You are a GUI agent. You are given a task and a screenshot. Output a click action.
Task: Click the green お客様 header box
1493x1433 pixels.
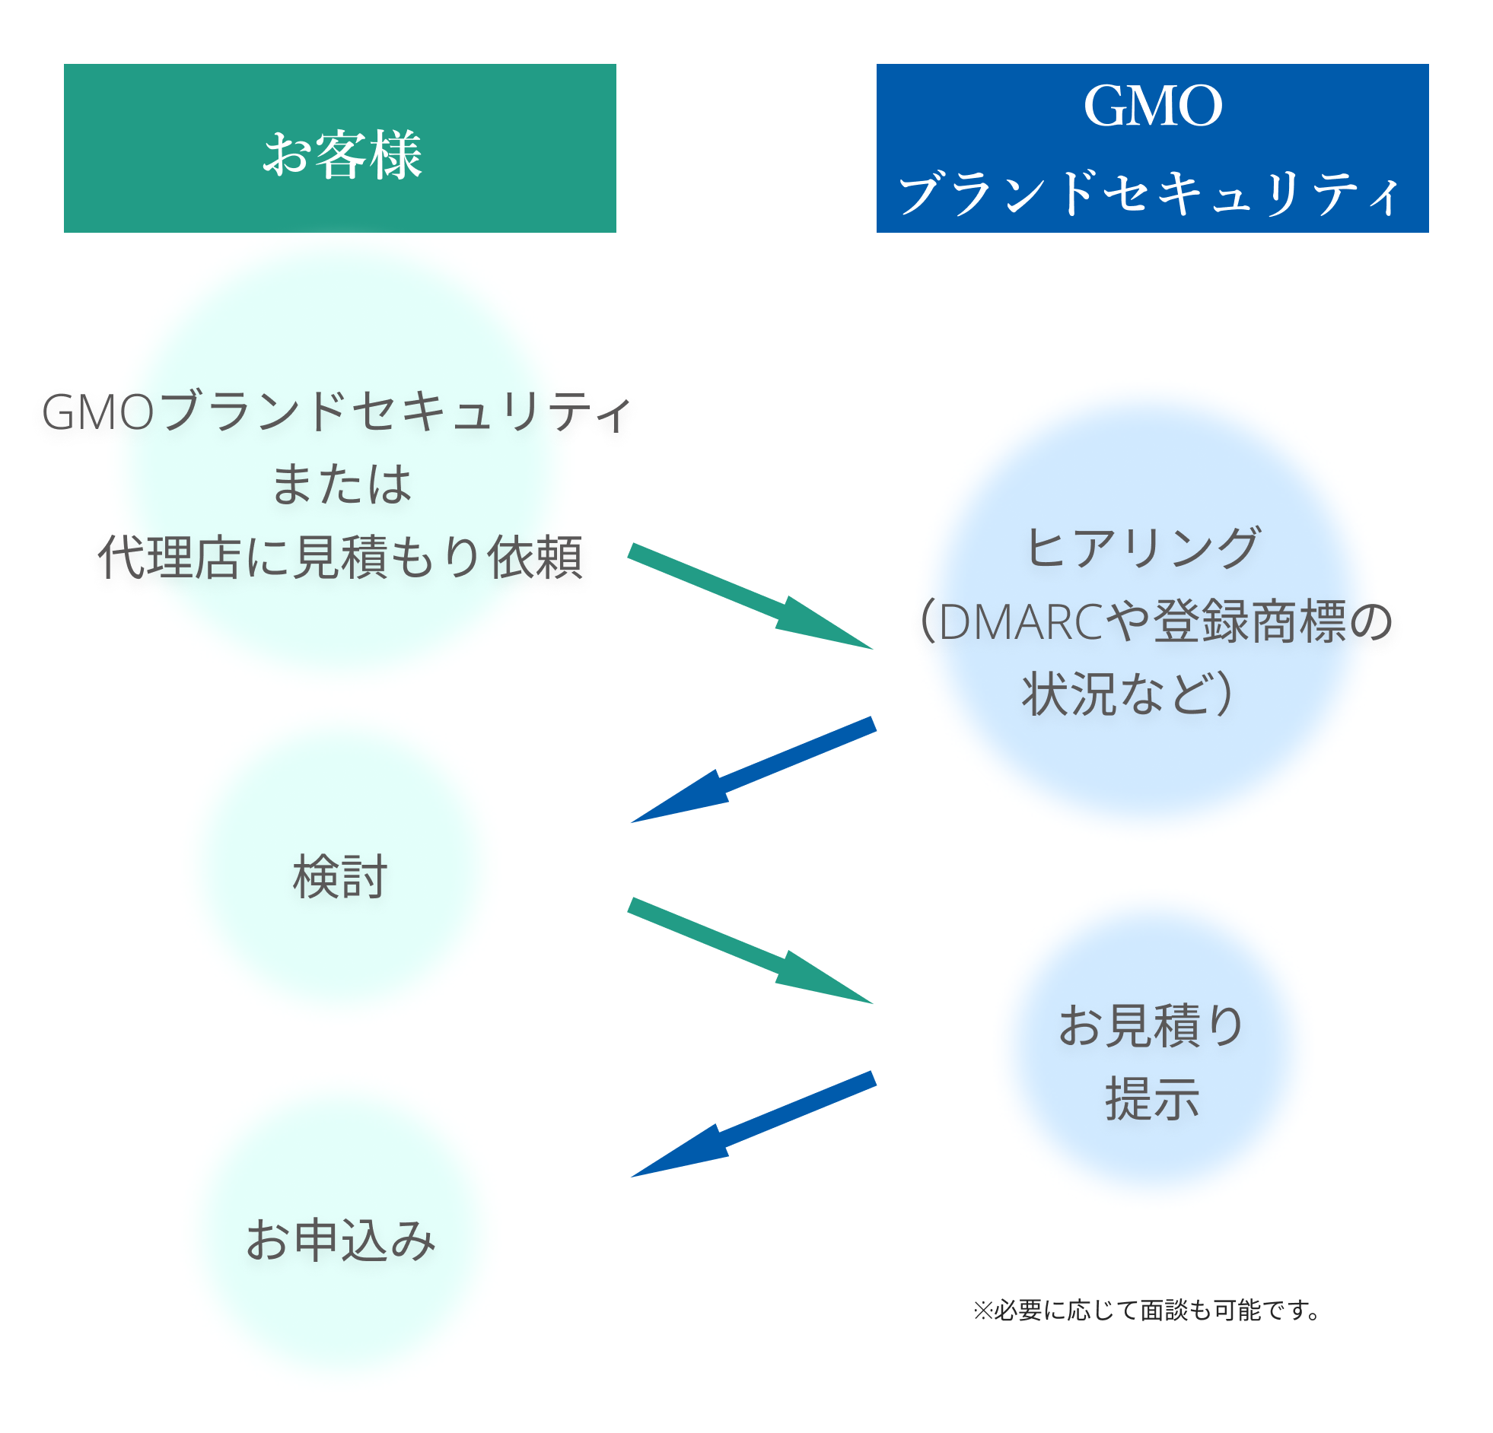click(339, 148)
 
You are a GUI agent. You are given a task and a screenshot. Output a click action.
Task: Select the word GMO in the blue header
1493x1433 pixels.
click(1153, 106)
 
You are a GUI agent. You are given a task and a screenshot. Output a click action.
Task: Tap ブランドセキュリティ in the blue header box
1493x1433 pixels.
click(1151, 193)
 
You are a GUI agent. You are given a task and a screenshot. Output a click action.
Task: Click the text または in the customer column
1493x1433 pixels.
click(341, 485)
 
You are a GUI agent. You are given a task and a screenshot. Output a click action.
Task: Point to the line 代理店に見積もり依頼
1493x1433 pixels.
click(340, 558)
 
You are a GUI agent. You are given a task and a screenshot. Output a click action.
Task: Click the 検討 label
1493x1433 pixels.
click(340, 876)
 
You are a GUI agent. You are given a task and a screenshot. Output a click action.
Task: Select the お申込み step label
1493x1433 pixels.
click(340, 1240)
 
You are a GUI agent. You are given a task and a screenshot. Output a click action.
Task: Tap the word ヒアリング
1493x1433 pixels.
click(1143, 548)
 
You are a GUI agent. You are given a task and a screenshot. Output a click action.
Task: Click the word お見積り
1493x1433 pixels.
click(1151, 1025)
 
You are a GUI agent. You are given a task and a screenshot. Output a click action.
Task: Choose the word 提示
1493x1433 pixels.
click(1153, 1099)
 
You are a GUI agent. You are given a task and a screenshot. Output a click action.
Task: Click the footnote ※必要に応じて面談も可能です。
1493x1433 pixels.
click(1147, 1310)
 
